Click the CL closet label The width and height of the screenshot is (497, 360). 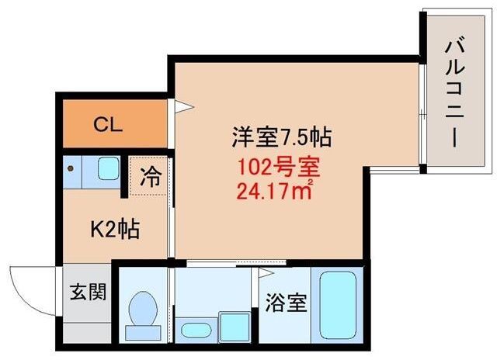pyautogui.click(x=108, y=125)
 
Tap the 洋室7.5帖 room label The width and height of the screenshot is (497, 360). pyautogui.click(x=282, y=137)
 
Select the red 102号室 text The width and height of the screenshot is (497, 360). pyautogui.click(x=279, y=168)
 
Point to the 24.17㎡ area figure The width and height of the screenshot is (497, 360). pyautogui.click(x=275, y=189)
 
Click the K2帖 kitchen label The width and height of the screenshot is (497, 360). pyautogui.click(x=115, y=229)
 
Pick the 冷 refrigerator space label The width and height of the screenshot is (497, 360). pyautogui.click(x=151, y=177)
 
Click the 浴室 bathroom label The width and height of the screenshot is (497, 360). pyautogui.click(x=287, y=303)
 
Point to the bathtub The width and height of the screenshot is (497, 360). pyautogui.click(x=338, y=305)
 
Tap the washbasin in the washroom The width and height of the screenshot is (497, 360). pyautogui.click(x=196, y=331)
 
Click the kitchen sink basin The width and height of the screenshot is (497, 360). pyautogui.click(x=109, y=168)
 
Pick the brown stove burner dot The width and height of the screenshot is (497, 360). pyautogui.click(x=71, y=169)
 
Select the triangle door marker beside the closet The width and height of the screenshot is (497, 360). pyautogui.click(x=183, y=106)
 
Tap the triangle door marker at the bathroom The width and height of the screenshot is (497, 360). pyautogui.click(x=266, y=272)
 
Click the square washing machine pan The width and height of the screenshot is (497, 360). pyautogui.click(x=235, y=327)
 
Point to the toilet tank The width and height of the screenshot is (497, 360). pyautogui.click(x=143, y=333)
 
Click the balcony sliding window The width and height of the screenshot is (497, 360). pyautogui.click(x=422, y=114)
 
